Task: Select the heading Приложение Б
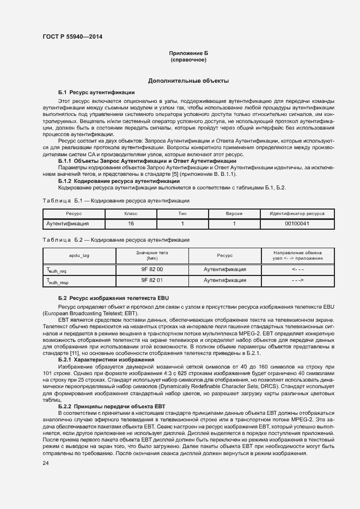click(x=188, y=53)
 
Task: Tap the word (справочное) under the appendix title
click(x=188, y=59)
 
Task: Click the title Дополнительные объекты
click(x=188, y=81)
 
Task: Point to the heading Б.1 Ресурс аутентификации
click(x=96, y=93)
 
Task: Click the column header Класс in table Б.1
click(x=131, y=213)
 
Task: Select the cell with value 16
click(x=131, y=224)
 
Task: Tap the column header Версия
click(x=234, y=213)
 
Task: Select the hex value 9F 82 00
click(x=152, y=269)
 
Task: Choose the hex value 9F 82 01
click(x=152, y=280)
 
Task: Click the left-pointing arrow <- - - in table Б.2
click(x=297, y=269)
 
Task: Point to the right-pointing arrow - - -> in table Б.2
click(x=297, y=280)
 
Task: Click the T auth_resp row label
click(x=57, y=281)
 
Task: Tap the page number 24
click(x=45, y=463)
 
